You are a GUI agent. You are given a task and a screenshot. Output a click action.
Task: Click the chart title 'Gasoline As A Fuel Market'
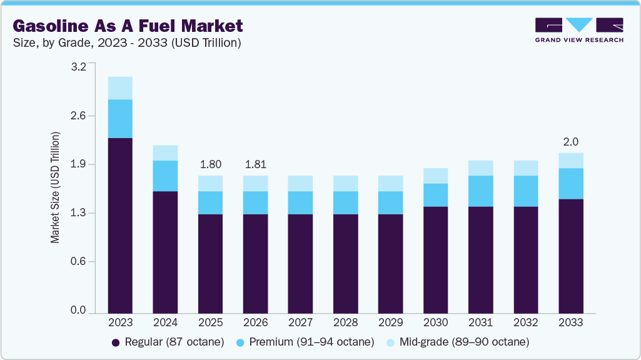coord(128,26)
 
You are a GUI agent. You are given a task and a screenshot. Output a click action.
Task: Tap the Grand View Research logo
coord(578,30)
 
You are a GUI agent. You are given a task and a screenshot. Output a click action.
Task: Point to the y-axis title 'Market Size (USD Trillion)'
coord(55,187)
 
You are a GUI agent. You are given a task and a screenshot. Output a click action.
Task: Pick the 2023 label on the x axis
coord(120,322)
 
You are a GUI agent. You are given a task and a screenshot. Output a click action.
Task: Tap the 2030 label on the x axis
coord(435,322)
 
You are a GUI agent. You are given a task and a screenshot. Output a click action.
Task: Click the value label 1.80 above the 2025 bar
coord(210,165)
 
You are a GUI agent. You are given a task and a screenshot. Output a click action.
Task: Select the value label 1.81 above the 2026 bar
coord(255,165)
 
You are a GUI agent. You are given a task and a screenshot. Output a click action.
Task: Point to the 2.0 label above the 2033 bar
coord(571,142)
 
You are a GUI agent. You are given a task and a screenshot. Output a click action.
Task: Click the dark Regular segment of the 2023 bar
coord(120,225)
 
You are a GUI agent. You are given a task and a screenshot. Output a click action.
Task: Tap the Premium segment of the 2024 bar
coord(165,176)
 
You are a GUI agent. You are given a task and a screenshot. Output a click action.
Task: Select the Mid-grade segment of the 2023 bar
coord(120,88)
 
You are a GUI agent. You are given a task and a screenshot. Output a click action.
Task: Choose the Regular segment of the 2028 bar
coord(345,263)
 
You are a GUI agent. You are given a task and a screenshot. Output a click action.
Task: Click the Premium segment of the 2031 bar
coord(480,191)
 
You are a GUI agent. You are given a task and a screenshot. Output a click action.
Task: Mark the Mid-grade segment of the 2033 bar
coord(571,161)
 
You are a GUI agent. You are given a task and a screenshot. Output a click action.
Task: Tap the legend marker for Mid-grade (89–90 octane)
coord(391,342)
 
